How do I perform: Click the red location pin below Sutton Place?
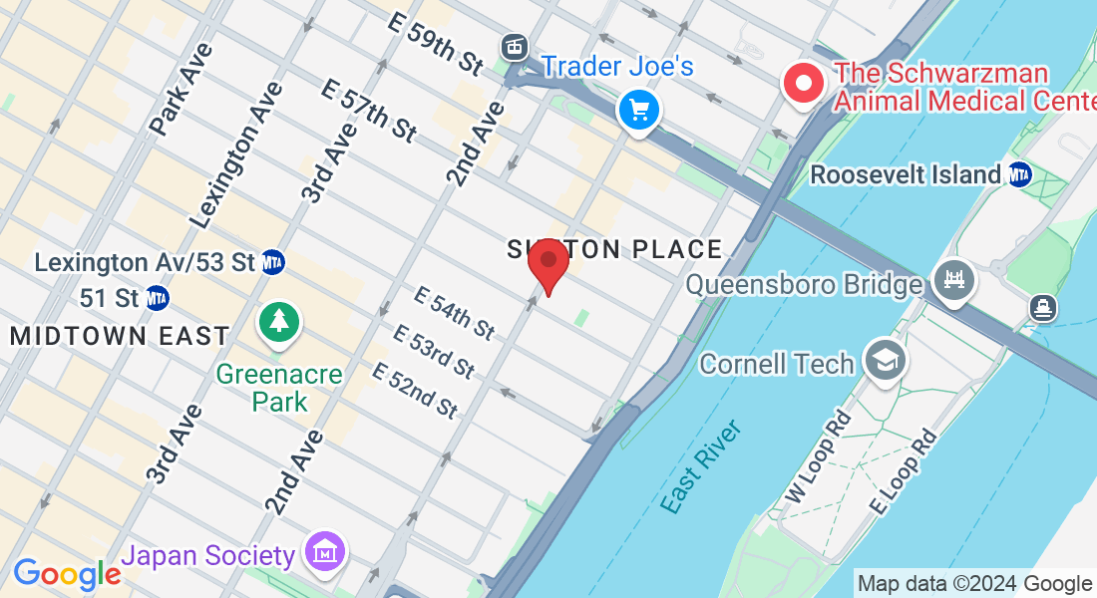click(x=548, y=262)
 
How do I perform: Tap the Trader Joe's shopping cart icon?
click(x=638, y=109)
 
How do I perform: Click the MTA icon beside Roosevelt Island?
click(x=1019, y=174)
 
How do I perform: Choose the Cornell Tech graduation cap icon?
click(x=885, y=360)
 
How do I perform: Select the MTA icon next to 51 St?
click(x=157, y=298)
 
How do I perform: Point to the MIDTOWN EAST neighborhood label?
click(x=120, y=336)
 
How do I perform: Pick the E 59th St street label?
click(x=445, y=46)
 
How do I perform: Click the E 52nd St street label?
click(x=414, y=390)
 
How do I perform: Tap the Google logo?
click(x=67, y=574)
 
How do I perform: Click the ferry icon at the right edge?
click(x=1044, y=308)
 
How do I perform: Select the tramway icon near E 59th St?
click(x=515, y=45)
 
